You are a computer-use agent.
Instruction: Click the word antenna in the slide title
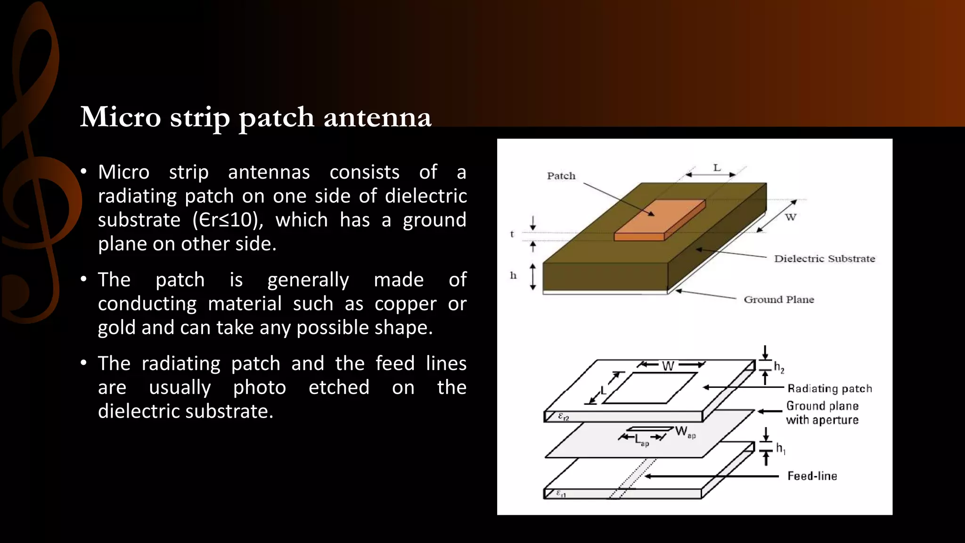coord(377,117)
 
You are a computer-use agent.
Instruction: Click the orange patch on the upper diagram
coord(660,220)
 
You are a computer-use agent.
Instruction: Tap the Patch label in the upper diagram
coord(561,176)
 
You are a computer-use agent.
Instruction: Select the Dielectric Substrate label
coord(824,258)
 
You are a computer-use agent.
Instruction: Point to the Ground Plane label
coord(778,299)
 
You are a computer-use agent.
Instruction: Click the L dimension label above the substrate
coord(717,168)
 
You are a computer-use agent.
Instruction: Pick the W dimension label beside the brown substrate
coord(790,217)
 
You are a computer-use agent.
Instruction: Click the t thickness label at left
coord(512,234)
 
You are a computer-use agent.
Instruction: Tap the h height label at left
coord(513,275)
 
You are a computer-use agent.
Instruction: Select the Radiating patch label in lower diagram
coord(829,388)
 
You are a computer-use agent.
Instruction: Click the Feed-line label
coord(812,476)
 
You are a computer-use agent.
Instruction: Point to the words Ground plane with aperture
coord(822,413)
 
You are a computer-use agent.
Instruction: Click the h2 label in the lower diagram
coord(779,367)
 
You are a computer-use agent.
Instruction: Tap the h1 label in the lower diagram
coord(780,448)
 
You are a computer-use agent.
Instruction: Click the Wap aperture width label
coord(685,432)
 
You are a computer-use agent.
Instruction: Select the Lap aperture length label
coord(641,440)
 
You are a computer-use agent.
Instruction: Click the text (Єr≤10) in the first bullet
coord(228,220)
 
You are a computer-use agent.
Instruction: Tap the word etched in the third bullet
coord(339,387)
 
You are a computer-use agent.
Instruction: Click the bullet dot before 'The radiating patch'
coord(83,363)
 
